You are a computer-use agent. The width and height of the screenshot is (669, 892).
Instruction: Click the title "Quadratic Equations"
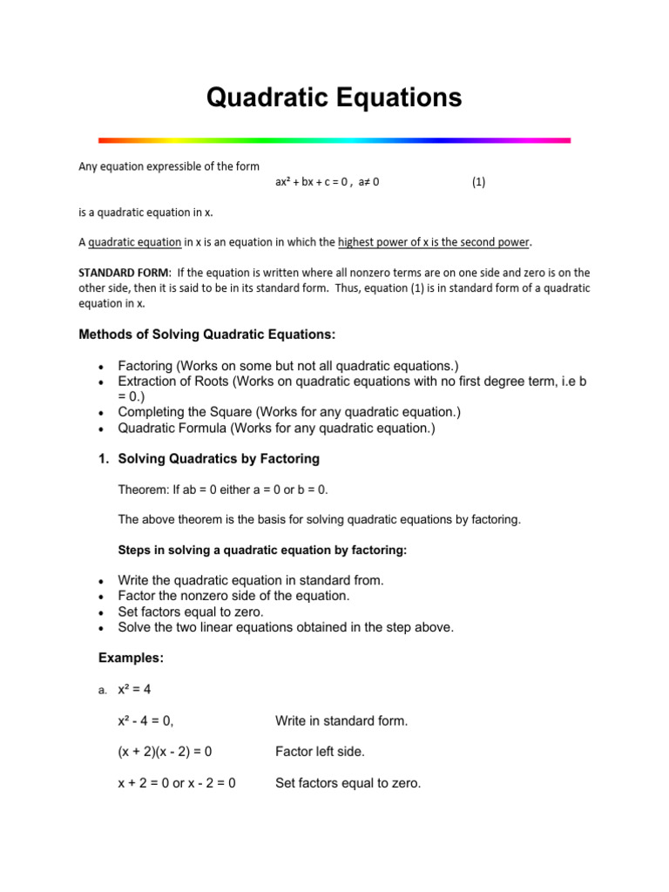pos(334,98)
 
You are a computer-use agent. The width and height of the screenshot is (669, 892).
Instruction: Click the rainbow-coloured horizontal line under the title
pos(334,139)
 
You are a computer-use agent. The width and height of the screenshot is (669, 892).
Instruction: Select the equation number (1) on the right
pos(478,182)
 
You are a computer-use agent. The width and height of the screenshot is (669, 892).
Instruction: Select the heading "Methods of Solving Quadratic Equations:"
pos(206,334)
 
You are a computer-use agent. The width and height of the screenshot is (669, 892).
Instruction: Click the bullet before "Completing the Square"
pos(102,413)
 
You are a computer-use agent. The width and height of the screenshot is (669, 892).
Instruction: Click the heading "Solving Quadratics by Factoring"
pos(219,458)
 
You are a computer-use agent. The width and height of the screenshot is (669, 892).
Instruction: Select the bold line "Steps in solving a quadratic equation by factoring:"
pos(261,551)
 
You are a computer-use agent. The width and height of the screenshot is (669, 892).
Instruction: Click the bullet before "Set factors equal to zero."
pos(102,612)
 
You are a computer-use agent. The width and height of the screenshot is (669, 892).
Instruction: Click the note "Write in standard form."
pos(341,720)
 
